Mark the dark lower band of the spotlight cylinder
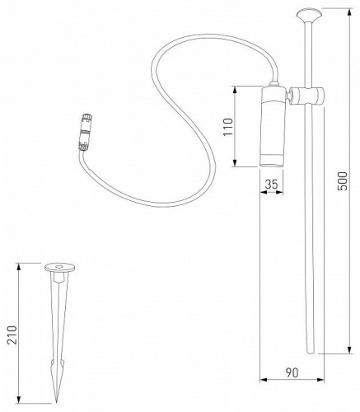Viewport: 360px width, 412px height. point(272,157)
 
